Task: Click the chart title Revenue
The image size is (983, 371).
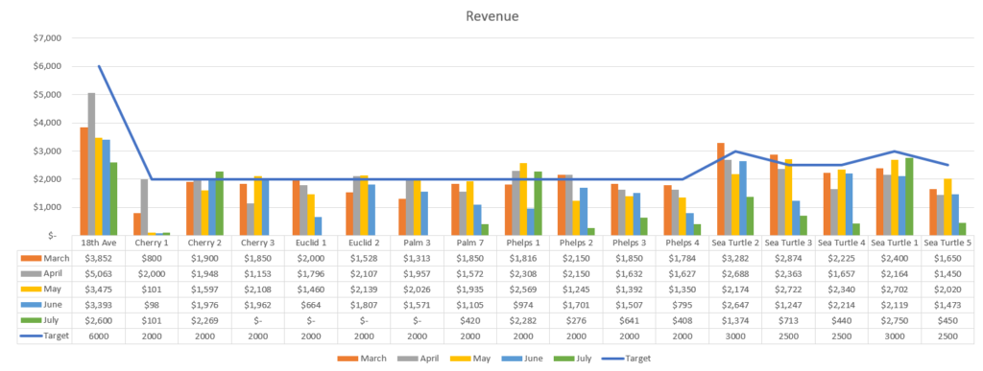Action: pos(491,15)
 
